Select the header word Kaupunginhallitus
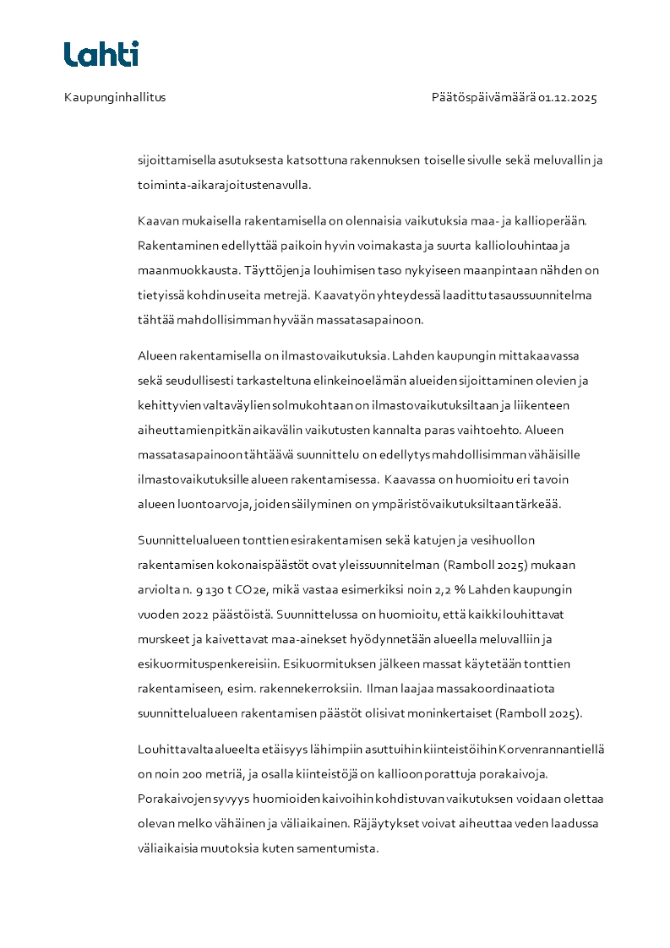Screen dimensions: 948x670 (x=115, y=97)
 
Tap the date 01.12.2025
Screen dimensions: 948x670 (x=568, y=97)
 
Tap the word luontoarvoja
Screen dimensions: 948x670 (x=206, y=504)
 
